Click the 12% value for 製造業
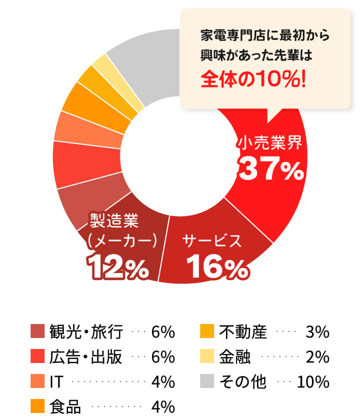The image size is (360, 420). point(118,268)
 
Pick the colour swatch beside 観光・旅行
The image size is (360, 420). point(38,331)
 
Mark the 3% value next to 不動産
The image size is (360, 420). point(317,331)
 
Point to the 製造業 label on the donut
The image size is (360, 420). point(113,219)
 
